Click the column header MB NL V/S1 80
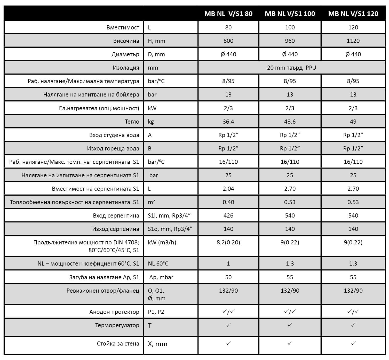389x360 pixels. coord(228,14)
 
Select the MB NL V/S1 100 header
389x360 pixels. coord(290,14)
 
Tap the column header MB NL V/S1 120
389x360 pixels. coord(353,14)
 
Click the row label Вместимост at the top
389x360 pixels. coord(123,27)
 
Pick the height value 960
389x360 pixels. coord(290,41)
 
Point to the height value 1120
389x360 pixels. coord(353,41)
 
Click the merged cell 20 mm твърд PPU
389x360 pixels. coord(291,68)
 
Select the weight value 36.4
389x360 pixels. coord(228,122)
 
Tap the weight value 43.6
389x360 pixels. coord(290,122)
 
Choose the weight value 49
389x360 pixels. coord(353,122)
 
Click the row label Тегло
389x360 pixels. coord(132,122)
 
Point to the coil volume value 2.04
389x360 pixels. coord(228,189)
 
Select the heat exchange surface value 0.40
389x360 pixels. coord(228,202)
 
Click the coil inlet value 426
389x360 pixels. coord(228,215)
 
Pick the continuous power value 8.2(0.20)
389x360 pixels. coord(228,242)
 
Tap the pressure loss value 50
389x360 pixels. coord(228,277)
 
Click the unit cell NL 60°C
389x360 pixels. coord(158,263)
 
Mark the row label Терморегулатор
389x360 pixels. coord(117,325)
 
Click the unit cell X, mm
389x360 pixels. coord(157,344)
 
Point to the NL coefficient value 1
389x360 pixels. coord(228,263)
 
